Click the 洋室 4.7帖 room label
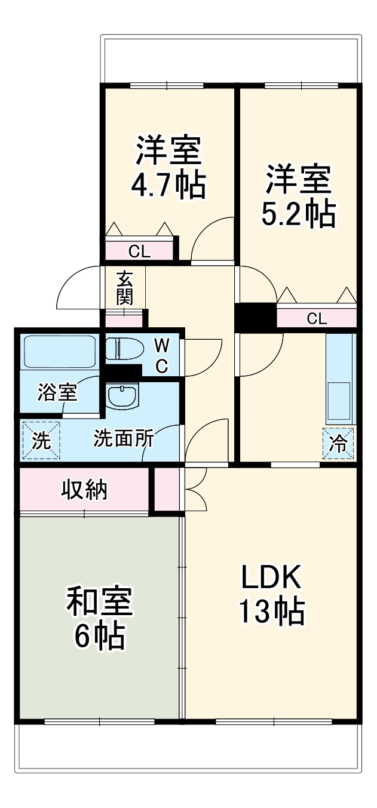point(168,168)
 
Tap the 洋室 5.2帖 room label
point(298,196)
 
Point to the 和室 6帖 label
point(100,619)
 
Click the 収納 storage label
point(84,490)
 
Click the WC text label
point(162,355)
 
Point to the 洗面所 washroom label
point(123,439)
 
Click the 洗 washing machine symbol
point(41,441)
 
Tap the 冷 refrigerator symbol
point(339,444)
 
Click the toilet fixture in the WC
point(124,349)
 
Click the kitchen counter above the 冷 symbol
point(341,379)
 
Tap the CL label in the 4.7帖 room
point(139,251)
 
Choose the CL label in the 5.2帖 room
point(317,318)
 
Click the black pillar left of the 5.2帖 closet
point(255,318)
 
